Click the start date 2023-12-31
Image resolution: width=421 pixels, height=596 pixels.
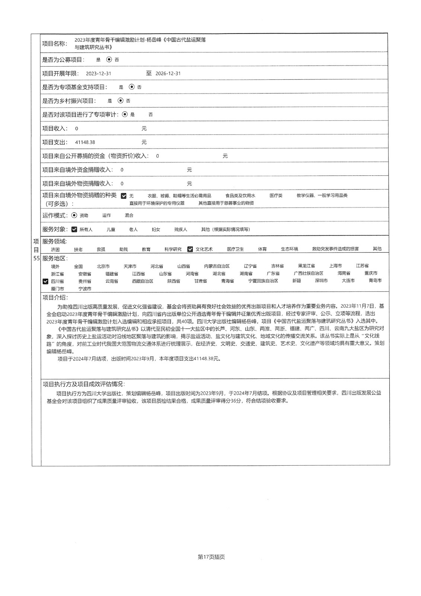pyautogui.click(x=98, y=73)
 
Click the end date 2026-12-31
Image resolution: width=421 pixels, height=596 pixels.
pyautogui.click(x=168, y=73)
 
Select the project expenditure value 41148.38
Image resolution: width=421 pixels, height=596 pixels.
pyautogui.click(x=85, y=142)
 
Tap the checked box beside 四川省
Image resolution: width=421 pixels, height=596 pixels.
pyautogui.click(x=45, y=281)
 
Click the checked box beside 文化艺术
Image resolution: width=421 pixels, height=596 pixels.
pyautogui.click(x=190, y=249)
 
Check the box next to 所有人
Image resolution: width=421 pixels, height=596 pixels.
pyautogui.click(x=74, y=229)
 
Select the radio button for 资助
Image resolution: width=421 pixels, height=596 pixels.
pyautogui.click(x=74, y=215)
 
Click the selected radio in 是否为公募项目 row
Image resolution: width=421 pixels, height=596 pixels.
pyautogui.click(x=109, y=59)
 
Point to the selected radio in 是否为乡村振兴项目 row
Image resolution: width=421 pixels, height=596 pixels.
pyautogui.click(x=120, y=101)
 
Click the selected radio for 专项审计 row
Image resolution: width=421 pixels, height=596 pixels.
pyautogui.click(x=125, y=114)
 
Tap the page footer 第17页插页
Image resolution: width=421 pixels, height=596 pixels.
pyautogui.click(x=211, y=557)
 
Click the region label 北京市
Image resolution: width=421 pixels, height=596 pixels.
pyautogui.click(x=103, y=266)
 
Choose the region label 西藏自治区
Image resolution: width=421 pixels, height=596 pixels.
pyautogui.click(x=143, y=281)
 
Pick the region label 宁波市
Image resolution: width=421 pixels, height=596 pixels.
pyautogui.click(x=85, y=289)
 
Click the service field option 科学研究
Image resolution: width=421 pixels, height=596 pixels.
pyautogui.click(x=173, y=249)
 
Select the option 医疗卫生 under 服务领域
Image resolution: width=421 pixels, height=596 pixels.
pyautogui.click(x=235, y=249)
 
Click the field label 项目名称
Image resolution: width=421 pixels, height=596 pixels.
pyautogui.click(x=54, y=44)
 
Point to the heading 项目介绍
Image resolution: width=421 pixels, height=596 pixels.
pyautogui.click(x=55, y=297)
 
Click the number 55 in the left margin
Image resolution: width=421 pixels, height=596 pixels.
pyautogui.click(x=36, y=258)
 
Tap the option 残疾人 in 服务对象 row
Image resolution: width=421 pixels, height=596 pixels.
pyautogui.click(x=181, y=229)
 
